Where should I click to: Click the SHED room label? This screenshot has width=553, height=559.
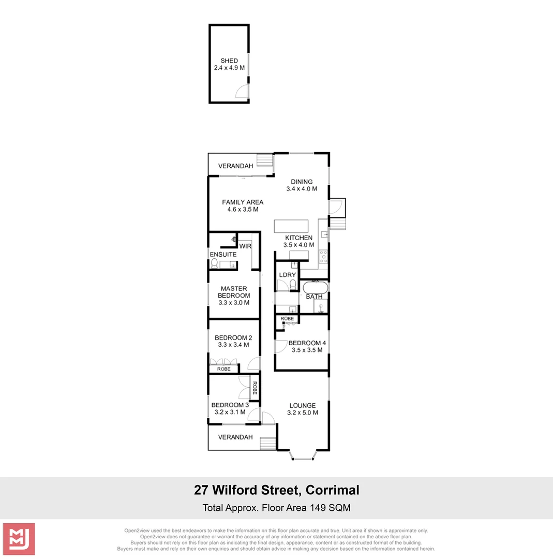[x=229, y=61]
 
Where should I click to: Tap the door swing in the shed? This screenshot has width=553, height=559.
[x=242, y=92]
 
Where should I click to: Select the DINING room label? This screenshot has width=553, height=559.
[x=302, y=182]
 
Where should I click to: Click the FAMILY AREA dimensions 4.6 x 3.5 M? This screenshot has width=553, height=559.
[x=243, y=210]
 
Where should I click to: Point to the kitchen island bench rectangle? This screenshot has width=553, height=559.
[x=291, y=227]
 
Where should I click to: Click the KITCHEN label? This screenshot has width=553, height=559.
[x=298, y=238]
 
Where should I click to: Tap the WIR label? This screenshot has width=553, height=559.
[x=245, y=246]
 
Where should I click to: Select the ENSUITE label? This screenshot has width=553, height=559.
[x=223, y=255]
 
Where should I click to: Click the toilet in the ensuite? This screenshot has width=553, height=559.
[x=215, y=263]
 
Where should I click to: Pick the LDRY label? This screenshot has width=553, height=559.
[x=287, y=275]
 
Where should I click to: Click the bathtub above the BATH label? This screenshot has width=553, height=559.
[x=315, y=287]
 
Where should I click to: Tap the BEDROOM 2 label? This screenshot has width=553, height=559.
[x=233, y=337]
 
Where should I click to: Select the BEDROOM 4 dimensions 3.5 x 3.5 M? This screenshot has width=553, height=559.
[x=307, y=350]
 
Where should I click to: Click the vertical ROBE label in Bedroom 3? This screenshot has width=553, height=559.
[x=255, y=388]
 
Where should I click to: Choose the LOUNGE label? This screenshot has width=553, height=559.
[x=303, y=405]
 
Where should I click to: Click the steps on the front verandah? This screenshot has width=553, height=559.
[x=268, y=444]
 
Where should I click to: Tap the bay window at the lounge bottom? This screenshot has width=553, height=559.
[x=303, y=454]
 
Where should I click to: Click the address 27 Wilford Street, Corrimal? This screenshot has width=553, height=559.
[x=276, y=490]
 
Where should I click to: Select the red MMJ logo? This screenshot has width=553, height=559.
[x=19, y=539]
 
